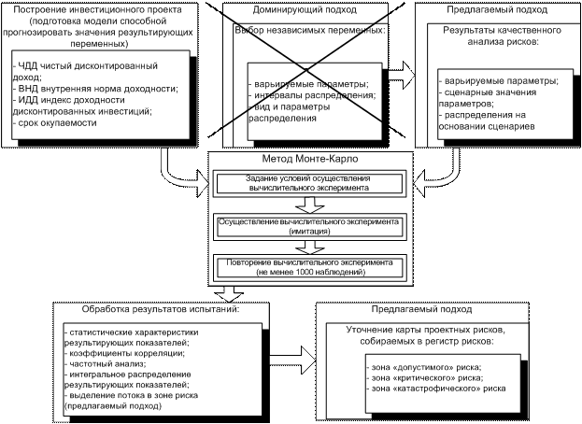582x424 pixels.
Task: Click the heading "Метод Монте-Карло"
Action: (310, 159)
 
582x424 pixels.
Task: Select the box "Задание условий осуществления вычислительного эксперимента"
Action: (309, 183)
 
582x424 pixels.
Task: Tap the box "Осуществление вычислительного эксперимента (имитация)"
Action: (309, 227)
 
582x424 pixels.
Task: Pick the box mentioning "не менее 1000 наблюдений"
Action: (309, 267)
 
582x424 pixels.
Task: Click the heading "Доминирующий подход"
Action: (305, 9)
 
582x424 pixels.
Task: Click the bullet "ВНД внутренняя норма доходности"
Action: (95, 89)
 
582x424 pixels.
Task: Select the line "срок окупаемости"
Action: (54, 122)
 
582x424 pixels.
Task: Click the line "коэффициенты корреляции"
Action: (124, 353)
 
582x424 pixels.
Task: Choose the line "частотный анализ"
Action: (105, 363)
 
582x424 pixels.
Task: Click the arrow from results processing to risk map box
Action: (292, 360)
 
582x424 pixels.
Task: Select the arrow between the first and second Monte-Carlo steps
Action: (309, 205)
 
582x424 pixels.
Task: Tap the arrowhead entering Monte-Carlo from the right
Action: (419, 183)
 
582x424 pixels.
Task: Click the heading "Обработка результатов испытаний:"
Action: (161, 309)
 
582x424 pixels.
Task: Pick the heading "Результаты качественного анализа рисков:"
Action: (503, 35)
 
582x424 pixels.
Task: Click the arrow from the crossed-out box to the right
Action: (402, 75)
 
